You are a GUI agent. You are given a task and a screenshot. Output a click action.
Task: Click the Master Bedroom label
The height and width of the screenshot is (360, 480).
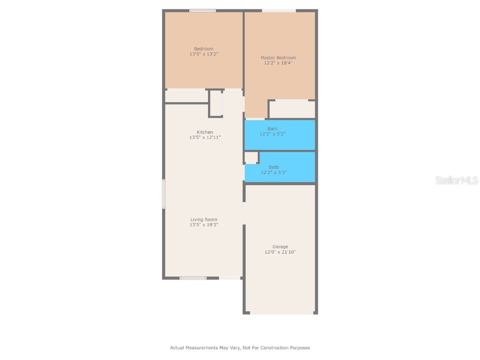click(278, 58)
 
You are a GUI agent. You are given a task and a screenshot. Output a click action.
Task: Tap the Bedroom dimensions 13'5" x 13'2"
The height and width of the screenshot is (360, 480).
click(203, 54)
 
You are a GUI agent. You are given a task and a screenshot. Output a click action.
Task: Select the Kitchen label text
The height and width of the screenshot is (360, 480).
click(205, 132)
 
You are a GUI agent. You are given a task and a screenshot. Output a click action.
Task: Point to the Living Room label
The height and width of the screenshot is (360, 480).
click(203, 219)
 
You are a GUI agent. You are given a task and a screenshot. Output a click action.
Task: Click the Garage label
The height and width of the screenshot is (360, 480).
click(280, 247)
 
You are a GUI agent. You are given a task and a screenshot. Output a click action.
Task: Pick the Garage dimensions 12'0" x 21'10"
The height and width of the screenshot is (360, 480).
click(280, 252)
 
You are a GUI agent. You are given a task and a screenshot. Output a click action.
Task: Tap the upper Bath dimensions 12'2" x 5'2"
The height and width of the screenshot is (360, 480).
click(272, 134)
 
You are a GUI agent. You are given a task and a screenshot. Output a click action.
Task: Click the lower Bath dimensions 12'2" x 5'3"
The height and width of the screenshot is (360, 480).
click(273, 172)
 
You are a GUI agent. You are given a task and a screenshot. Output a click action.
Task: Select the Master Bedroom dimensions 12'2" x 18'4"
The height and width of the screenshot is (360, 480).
click(278, 63)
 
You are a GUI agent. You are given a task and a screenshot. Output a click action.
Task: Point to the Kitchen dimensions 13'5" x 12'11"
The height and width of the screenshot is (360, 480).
click(205, 138)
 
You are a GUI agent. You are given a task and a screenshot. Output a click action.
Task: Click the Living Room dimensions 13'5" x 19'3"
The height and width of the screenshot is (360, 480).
click(203, 225)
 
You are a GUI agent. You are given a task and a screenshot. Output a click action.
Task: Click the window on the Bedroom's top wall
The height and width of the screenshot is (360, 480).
click(202, 10)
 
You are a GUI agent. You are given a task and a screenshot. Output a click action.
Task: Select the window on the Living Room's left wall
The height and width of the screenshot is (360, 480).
click(164, 194)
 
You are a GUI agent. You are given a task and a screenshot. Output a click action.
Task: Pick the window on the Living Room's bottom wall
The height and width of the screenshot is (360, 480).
click(193, 278)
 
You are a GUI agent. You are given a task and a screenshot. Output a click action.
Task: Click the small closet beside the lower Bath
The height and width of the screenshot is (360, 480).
click(251, 157)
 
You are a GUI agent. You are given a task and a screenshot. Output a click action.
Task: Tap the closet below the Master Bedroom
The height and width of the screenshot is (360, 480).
click(292, 109)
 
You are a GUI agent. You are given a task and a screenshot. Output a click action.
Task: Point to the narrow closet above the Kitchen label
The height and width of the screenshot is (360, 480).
click(216, 103)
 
